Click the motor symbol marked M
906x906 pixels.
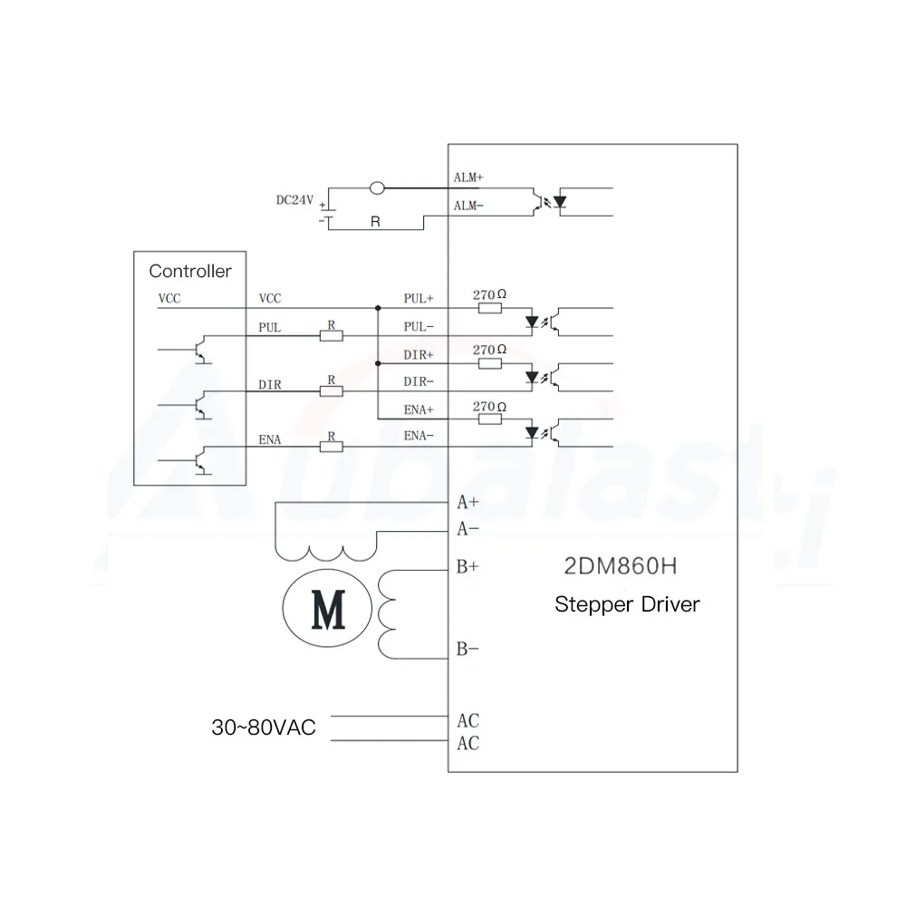tap(327, 610)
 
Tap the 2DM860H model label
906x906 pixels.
tap(621, 568)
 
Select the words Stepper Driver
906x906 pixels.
tap(627, 604)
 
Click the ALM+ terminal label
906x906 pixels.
tap(467, 178)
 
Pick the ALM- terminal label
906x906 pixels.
tap(467, 207)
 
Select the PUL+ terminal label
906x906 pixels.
tap(419, 298)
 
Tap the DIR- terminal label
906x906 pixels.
tap(418, 382)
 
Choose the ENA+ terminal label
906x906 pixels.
tap(419, 410)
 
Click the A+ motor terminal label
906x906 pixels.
tap(467, 502)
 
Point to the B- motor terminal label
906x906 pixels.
tap(467, 649)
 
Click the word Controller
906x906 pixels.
tap(190, 271)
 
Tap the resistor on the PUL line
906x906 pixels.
tap(332, 336)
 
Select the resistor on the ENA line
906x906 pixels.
tap(332, 447)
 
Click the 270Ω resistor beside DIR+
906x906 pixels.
tap(489, 364)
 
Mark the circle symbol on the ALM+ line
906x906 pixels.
tap(378, 188)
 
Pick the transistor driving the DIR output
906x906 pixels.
tap(202, 405)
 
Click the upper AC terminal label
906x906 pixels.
tap(468, 721)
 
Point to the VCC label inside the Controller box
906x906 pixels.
tap(169, 298)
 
